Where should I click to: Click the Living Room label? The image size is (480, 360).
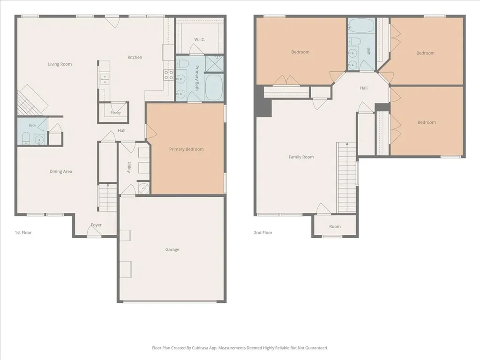60,64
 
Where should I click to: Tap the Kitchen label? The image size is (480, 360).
135,57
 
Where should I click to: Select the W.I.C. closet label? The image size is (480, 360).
200,39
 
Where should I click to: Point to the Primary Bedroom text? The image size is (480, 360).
187,150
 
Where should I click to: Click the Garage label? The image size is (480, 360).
172,249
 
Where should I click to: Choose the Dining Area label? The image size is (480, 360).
61,172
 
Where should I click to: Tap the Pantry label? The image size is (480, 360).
116,112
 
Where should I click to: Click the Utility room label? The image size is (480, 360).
129,167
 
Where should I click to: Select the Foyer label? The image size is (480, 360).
96,225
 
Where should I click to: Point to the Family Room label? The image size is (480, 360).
301,157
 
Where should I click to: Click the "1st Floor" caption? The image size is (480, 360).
23,232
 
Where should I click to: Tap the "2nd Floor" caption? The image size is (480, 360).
263,232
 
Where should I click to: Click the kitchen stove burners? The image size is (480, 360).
169,75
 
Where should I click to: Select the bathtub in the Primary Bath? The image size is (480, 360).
214,87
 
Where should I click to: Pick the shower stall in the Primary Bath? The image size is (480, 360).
215,63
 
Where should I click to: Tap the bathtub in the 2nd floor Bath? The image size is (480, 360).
361,26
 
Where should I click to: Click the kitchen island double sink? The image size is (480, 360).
104,79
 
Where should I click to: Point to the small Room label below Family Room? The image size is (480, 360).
335,226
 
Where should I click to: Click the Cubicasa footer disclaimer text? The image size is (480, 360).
240,348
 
